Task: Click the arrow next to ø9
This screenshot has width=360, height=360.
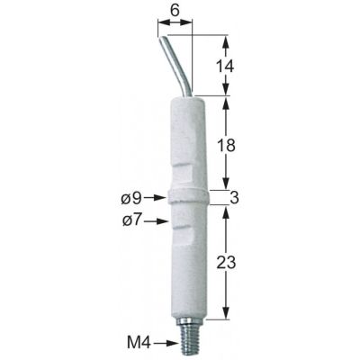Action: [154, 197]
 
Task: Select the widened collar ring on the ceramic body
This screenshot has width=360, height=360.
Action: [187, 198]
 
